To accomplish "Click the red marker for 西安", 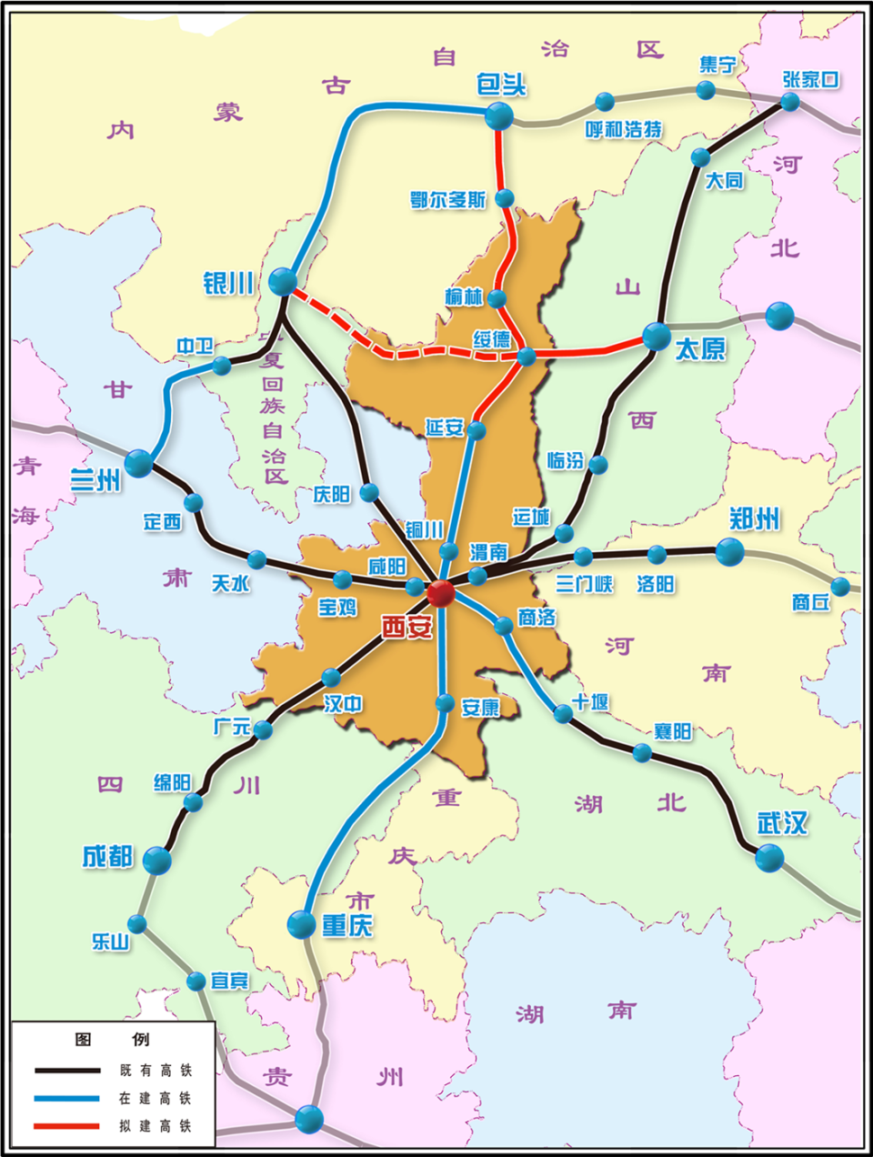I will coord(440,593).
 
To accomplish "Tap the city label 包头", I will coord(501,85).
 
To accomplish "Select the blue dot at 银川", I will coord(283,281).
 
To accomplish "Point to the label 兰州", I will coord(95,479).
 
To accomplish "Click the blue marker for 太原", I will coord(657,337).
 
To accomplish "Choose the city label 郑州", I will coord(755,519).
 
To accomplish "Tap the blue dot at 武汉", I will coord(769,857).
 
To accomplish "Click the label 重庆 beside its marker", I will coord(347,926).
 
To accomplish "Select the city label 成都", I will coord(107,857).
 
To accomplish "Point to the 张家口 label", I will coord(810,79).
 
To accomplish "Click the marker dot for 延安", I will coord(477,430).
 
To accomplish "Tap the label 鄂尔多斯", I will coord(448,200).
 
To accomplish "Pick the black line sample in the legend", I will coord(66,1071).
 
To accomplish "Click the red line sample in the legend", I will coord(66,1126).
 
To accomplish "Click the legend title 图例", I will coord(112,1040).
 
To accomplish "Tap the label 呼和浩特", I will coord(624,129).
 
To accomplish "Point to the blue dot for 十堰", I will coord(564,714).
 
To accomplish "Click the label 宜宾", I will coord(229,981).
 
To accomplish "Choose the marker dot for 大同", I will coord(700,157).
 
